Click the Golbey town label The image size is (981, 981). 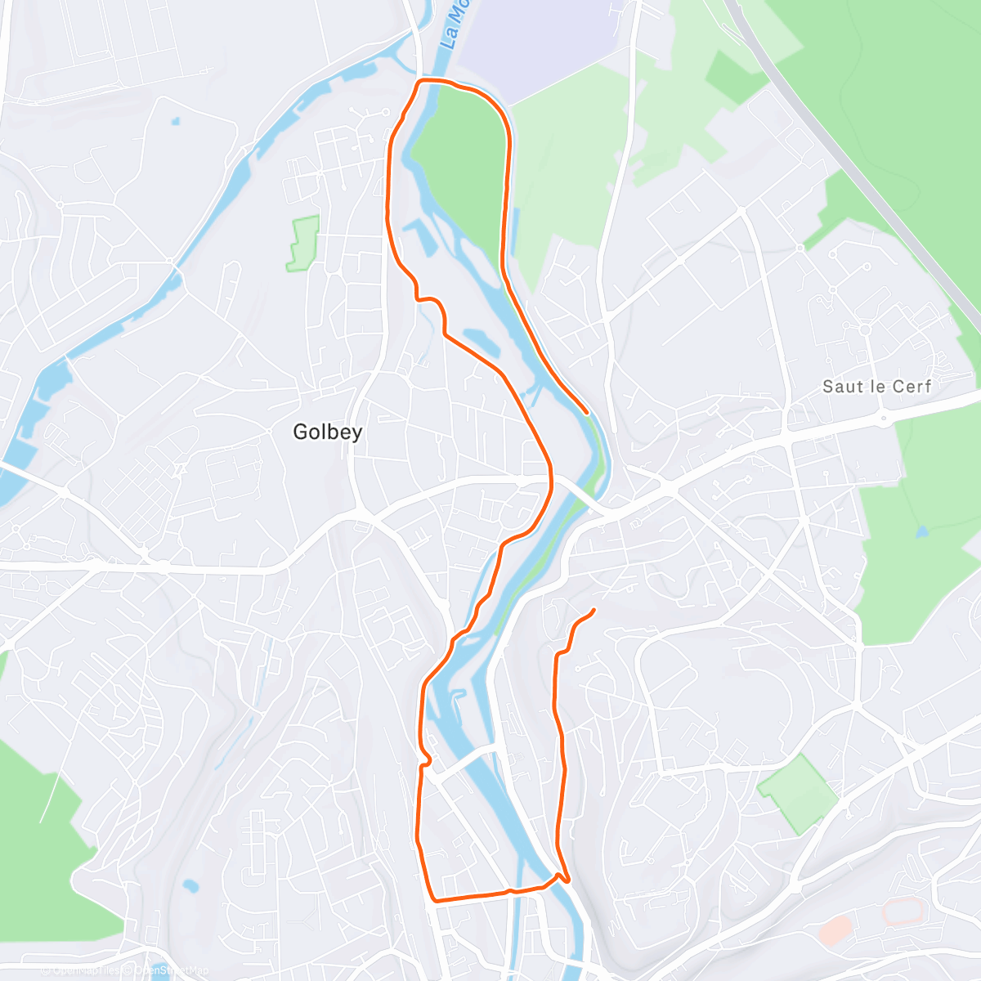[327, 432]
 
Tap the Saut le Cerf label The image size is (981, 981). [876, 386]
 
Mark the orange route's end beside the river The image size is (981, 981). [586, 411]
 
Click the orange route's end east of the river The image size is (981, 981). [593, 611]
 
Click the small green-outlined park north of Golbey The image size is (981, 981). [303, 243]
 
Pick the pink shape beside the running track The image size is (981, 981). [835, 930]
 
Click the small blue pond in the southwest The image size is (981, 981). [190, 885]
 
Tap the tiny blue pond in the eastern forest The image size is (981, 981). [922, 531]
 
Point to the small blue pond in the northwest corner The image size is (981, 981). [176, 122]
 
